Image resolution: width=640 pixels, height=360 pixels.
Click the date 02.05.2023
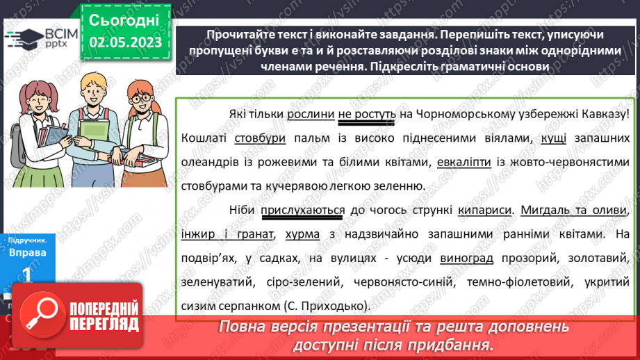[125, 42]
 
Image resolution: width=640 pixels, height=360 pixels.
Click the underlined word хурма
[302, 234]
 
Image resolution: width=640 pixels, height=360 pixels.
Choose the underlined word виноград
[467, 259]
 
